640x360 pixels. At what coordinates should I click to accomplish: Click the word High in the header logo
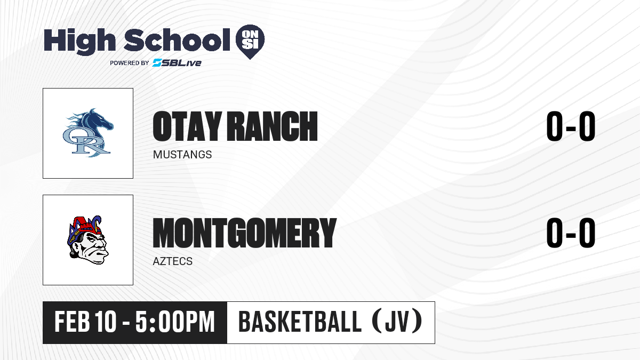(80, 42)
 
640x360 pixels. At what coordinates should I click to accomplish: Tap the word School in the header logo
(177, 40)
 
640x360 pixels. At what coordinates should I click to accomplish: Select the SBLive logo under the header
(177, 62)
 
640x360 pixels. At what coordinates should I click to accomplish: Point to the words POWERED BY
(130, 63)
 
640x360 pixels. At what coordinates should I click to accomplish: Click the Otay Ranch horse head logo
(88, 133)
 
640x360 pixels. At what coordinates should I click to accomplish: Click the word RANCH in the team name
(273, 126)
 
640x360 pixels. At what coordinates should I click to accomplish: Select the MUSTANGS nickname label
(182, 155)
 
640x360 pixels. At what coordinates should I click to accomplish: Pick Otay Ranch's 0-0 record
(571, 126)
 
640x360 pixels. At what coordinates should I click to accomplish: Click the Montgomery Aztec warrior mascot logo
(88, 240)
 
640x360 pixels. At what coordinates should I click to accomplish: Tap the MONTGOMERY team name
(245, 233)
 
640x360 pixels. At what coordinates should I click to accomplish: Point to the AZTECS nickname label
(173, 261)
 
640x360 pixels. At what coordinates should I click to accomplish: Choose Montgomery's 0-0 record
(571, 233)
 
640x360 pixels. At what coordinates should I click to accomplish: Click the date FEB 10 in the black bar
(85, 322)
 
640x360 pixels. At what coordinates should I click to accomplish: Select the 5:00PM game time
(175, 322)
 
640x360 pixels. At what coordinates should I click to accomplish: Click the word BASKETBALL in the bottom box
(300, 322)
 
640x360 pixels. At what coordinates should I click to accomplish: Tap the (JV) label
(397, 322)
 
